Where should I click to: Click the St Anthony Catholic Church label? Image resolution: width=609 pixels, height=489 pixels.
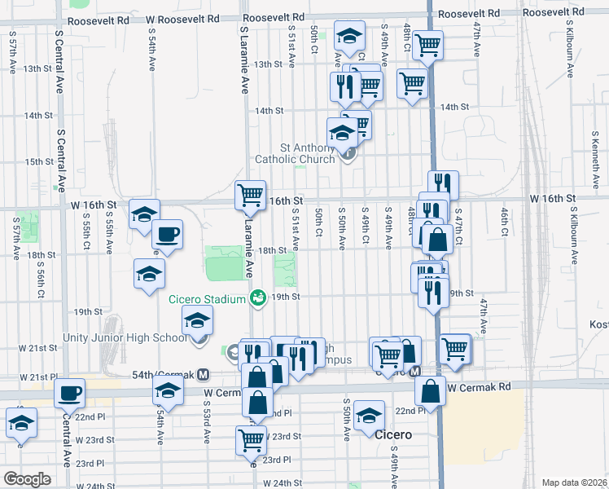[295, 153]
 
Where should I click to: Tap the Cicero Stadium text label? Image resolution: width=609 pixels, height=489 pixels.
[207, 299]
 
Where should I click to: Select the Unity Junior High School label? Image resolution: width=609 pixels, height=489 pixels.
[125, 337]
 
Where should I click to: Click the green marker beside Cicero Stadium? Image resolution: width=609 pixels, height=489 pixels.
[258, 299]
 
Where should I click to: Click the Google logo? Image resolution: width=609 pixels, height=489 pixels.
[27, 478]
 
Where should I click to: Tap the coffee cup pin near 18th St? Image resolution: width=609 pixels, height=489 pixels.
[168, 236]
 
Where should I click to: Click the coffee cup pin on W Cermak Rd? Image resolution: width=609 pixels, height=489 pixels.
[70, 394]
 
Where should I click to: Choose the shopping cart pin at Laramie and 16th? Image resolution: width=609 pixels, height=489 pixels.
[250, 196]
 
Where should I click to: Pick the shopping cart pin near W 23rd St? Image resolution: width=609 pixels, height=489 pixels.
[251, 440]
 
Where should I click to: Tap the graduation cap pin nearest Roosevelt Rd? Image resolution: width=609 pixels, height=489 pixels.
[349, 37]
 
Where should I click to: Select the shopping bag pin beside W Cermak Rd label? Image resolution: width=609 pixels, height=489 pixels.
[430, 391]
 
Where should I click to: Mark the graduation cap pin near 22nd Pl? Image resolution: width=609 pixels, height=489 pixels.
[370, 416]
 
